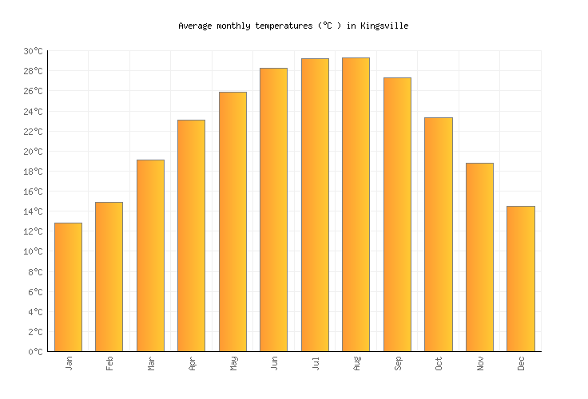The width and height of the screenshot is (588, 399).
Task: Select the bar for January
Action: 68,287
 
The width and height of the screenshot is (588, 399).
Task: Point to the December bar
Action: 520,279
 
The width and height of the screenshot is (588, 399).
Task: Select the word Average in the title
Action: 195,26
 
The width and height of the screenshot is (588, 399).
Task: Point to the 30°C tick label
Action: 33,51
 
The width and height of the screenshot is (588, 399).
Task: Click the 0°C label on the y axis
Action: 35,352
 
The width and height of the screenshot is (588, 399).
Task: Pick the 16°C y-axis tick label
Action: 33,192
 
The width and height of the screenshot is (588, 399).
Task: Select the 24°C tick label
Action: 33,111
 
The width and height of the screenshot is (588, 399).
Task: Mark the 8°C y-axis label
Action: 35,272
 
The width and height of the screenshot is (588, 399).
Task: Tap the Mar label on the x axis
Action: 150,364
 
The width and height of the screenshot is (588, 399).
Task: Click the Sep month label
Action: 397,364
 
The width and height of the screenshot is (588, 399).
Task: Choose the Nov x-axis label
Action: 479,364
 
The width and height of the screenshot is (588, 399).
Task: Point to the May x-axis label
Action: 232,364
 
